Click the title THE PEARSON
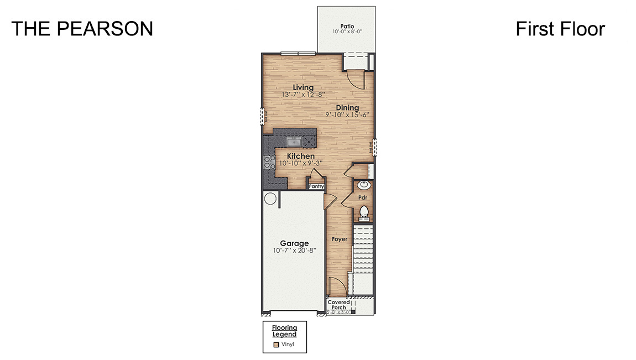point(82,29)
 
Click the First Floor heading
point(560,29)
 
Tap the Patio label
point(347,25)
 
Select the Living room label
point(303,87)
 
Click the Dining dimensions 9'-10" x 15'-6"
point(347,115)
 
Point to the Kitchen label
point(300,156)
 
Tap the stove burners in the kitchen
point(270,162)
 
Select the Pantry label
point(316,186)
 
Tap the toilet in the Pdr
point(364,211)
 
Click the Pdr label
point(363,197)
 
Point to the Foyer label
point(339,239)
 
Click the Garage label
point(294,243)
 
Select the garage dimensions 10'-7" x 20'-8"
point(294,251)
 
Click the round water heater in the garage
point(270,199)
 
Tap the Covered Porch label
point(338,305)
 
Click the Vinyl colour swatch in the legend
point(277,344)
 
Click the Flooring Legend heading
point(284,331)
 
